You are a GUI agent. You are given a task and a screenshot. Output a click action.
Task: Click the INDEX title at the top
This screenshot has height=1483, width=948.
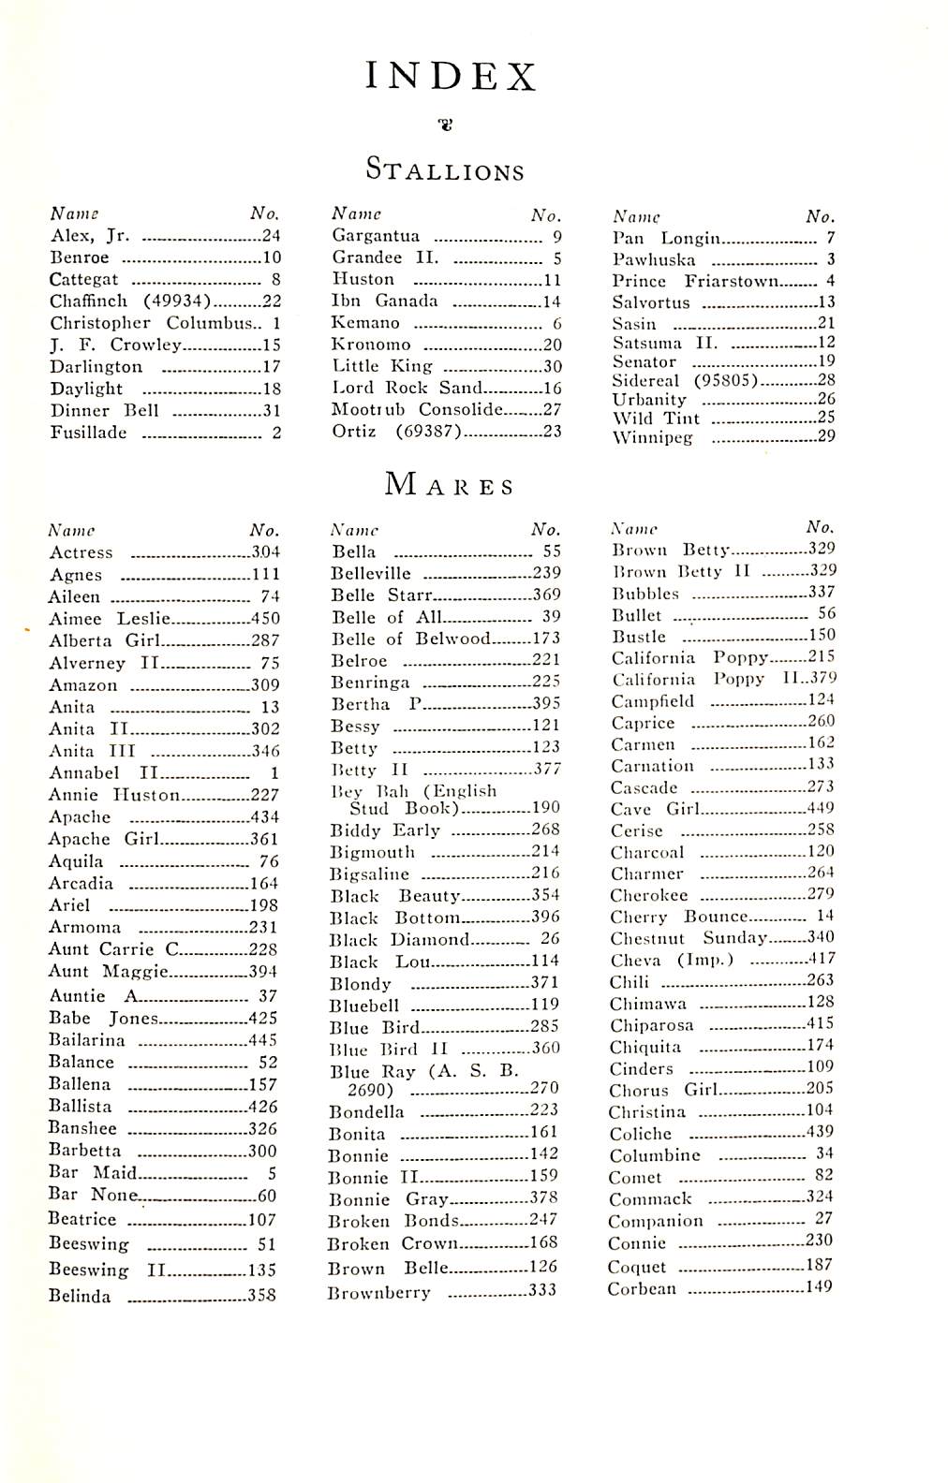(451, 76)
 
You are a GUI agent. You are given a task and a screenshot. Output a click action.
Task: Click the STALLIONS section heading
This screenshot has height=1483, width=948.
(445, 170)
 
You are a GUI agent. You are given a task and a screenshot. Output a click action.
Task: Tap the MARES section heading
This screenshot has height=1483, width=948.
(450, 485)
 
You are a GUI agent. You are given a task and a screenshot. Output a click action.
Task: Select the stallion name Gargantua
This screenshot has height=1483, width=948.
(376, 236)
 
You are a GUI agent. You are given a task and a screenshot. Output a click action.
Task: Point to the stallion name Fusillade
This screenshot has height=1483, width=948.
(88, 433)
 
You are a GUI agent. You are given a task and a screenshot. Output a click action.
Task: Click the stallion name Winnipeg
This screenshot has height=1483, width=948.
(652, 437)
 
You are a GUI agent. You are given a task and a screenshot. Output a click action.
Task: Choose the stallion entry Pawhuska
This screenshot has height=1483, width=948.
(654, 260)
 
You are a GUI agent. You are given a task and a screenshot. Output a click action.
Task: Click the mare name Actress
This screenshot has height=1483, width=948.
(81, 552)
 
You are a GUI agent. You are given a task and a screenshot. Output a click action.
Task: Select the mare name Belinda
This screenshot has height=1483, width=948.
(80, 1297)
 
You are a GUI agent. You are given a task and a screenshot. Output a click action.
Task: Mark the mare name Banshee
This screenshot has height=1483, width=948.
(82, 1128)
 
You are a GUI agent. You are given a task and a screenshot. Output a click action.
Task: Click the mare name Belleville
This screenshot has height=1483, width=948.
(371, 573)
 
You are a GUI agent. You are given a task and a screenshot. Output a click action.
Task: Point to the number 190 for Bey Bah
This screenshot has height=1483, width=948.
(545, 808)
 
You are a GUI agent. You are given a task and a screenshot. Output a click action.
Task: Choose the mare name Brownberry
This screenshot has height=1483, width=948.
(378, 1293)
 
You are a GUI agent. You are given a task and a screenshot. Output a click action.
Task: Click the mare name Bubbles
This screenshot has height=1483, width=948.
(645, 594)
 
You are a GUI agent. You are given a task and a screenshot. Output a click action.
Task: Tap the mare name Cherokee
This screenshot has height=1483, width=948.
(648, 895)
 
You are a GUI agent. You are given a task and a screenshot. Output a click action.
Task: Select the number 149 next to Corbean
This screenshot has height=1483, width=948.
(820, 1287)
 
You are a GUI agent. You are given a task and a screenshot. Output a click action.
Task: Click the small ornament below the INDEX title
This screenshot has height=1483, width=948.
(447, 124)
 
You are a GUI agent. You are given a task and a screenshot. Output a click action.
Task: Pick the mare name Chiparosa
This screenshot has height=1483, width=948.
(651, 1025)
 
